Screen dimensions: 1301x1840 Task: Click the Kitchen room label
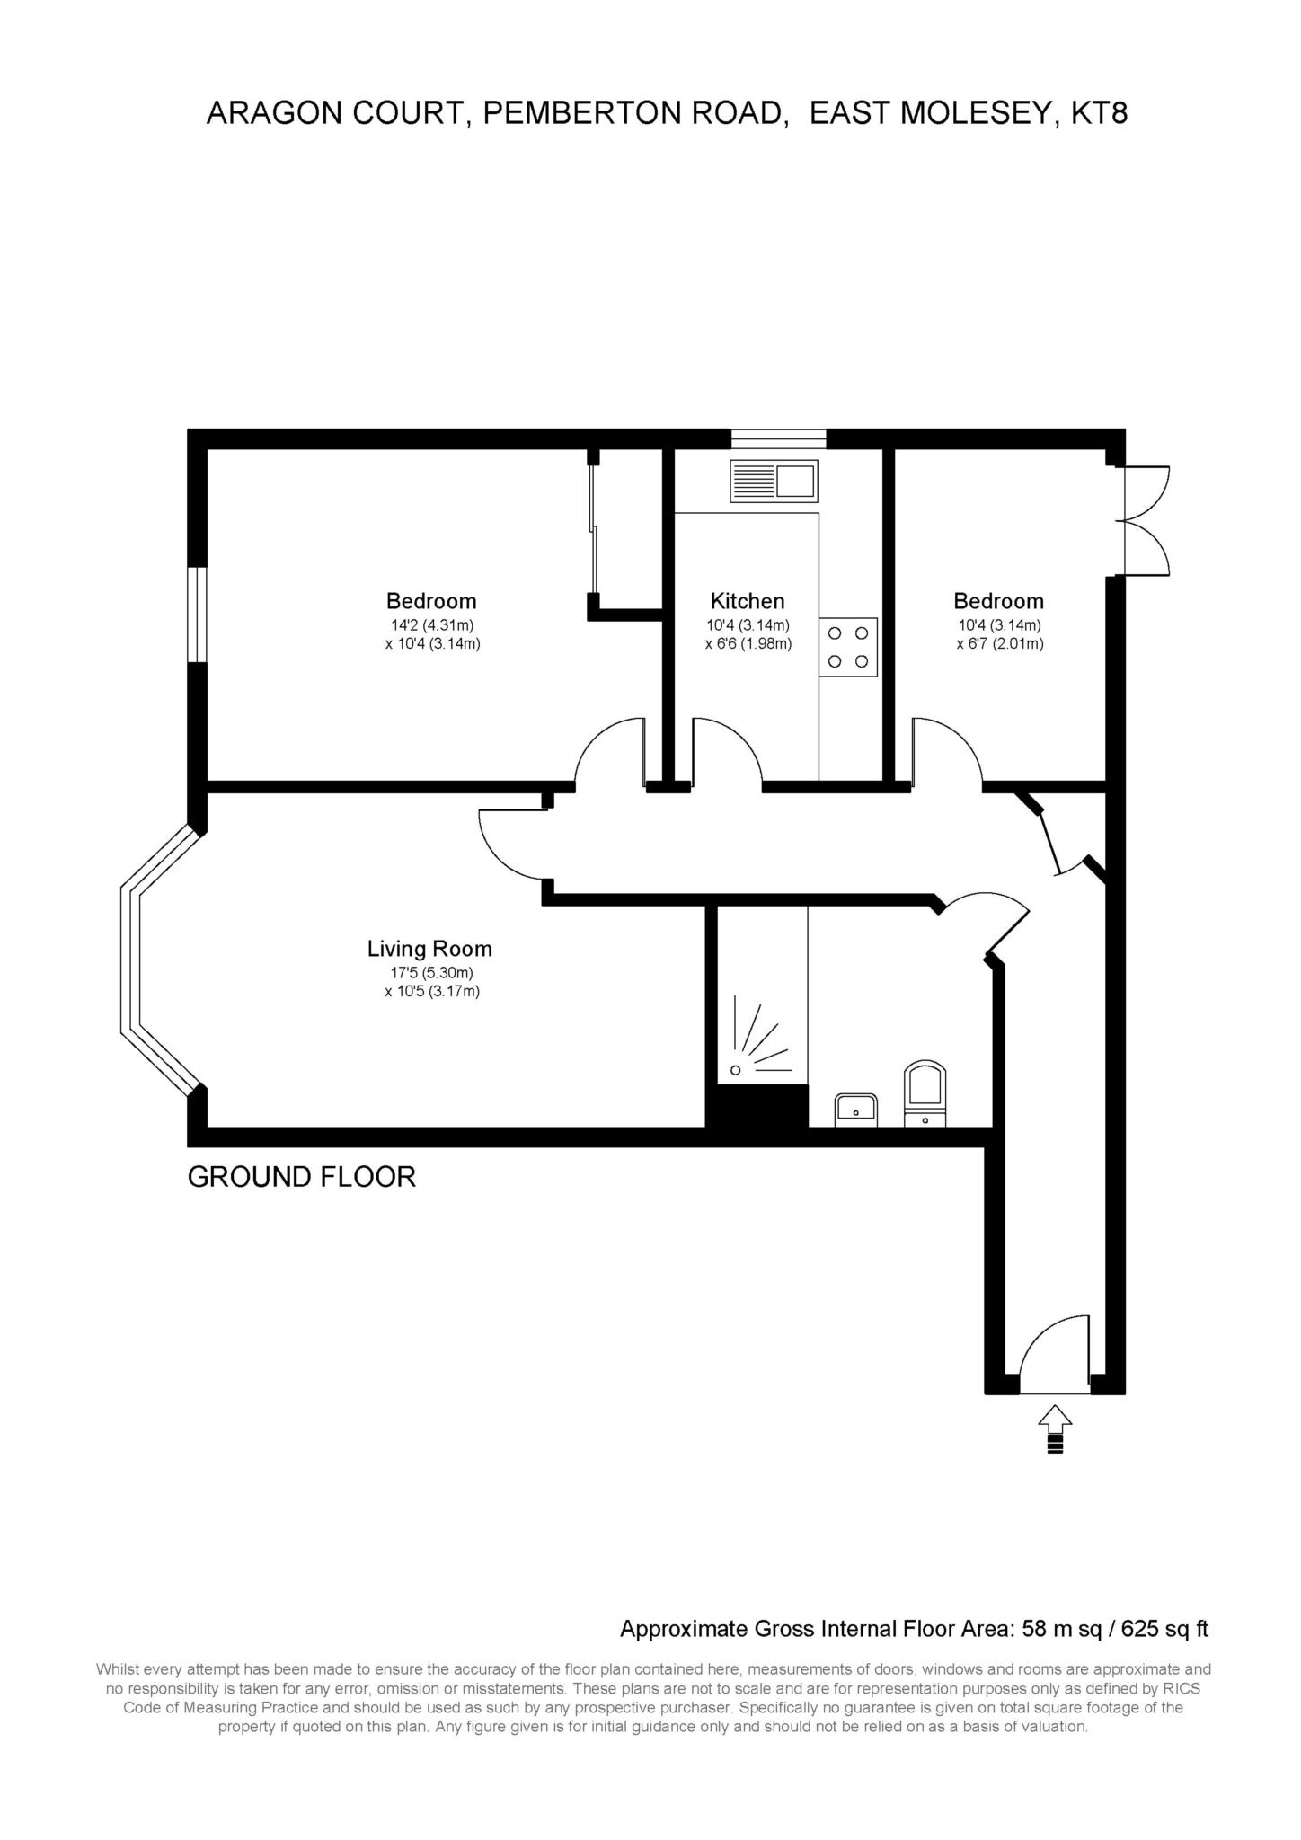748,601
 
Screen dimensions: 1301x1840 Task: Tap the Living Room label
429,949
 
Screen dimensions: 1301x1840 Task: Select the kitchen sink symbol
774,481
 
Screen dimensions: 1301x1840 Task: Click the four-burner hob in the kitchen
848,647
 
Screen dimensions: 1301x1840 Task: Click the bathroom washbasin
856,1110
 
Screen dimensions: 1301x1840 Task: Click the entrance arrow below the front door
1055,1429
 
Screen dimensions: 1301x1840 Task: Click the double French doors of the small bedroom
1147,520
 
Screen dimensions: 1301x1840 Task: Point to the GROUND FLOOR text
302,1177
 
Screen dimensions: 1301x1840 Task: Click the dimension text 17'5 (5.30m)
429,973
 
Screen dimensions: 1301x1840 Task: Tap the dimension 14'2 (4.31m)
431,625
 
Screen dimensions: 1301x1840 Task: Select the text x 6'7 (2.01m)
999,644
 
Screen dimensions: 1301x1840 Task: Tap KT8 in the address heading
1100,113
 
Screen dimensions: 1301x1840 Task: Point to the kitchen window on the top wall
778,438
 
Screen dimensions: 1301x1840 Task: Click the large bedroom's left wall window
198,615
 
